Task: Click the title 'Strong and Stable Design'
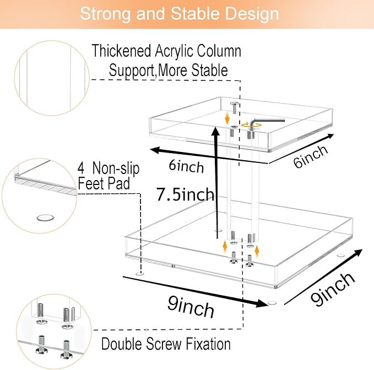[180, 14]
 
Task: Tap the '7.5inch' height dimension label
[185, 194]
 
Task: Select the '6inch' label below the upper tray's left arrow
[186, 166]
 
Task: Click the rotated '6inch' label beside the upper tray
[311, 156]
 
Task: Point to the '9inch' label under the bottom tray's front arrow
[191, 306]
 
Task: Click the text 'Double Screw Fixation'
[166, 344]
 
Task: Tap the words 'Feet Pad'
[104, 183]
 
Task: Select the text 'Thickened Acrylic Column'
[166, 51]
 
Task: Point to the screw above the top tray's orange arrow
[235, 107]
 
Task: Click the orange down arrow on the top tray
[227, 119]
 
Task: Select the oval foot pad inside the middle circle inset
[45, 217]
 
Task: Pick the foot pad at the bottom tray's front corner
[272, 303]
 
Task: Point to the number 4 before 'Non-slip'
[81, 168]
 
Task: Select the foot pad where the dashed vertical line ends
[139, 273]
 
